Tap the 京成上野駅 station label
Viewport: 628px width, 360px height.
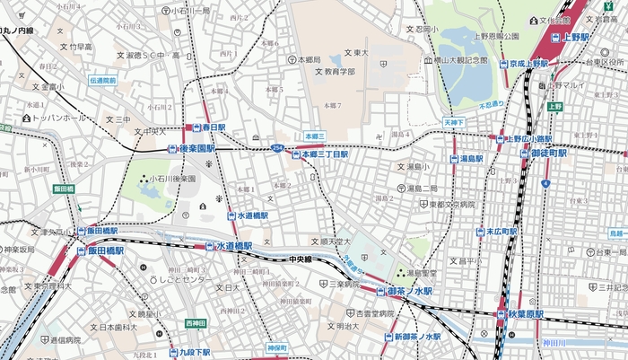point(528,64)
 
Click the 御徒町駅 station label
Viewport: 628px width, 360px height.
point(548,154)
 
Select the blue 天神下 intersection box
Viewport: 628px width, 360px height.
point(454,121)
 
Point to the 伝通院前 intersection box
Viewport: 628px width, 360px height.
point(102,81)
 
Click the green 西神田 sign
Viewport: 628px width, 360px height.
point(195,323)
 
